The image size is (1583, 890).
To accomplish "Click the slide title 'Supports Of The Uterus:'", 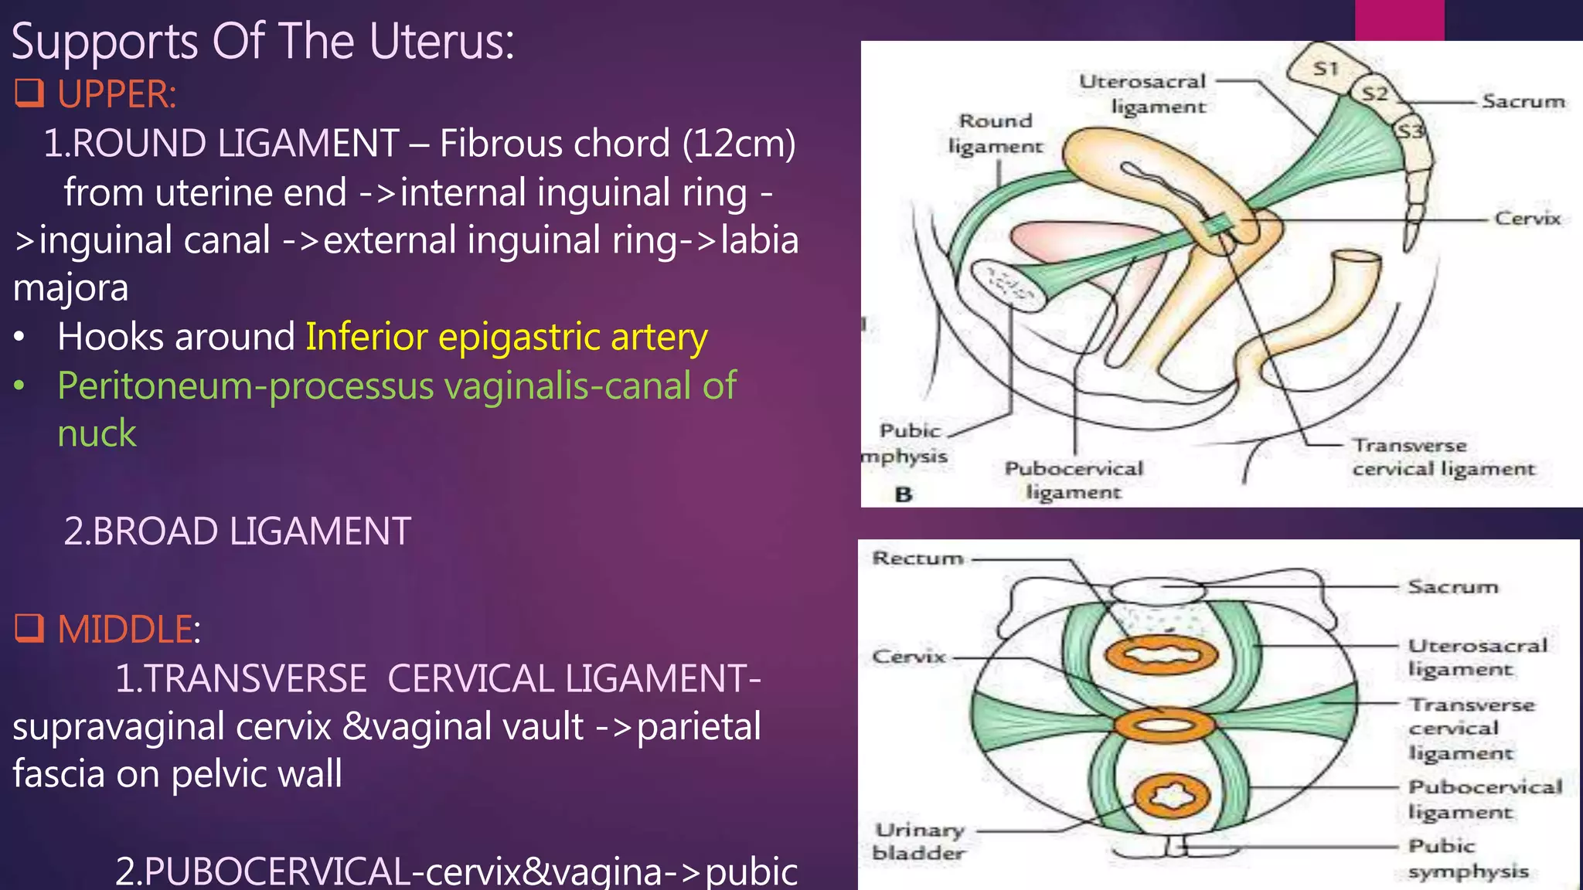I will (x=263, y=42).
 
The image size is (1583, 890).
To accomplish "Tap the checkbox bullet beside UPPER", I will (x=29, y=93).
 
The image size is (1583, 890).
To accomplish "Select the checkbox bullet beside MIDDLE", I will (x=29, y=628).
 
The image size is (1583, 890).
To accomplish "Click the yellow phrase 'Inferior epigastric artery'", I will (x=506, y=337).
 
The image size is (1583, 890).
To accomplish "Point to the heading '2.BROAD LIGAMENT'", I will (x=237, y=532).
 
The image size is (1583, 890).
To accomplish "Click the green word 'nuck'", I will (x=97, y=433).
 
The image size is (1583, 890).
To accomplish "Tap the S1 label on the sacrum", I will (x=1326, y=69).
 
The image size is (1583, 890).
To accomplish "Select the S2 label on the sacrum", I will (x=1374, y=94).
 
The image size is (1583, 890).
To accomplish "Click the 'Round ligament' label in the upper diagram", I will (x=995, y=133).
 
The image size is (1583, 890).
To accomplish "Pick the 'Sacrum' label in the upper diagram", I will (x=1523, y=101).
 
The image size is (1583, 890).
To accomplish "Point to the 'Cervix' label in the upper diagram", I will (x=1527, y=219).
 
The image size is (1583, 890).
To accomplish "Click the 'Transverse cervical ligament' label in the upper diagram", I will (x=1442, y=457).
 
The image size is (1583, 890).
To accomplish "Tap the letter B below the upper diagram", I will (x=903, y=494).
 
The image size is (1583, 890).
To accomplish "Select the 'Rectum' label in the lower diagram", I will (x=917, y=558).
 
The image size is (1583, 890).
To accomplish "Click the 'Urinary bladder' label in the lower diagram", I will (x=919, y=841).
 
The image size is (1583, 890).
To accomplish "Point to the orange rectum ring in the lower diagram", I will (x=1161, y=655).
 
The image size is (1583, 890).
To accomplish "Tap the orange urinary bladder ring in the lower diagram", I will (x=1172, y=797).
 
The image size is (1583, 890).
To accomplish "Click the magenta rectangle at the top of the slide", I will (x=1399, y=20).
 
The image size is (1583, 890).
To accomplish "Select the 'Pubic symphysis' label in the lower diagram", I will (x=1467, y=858).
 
